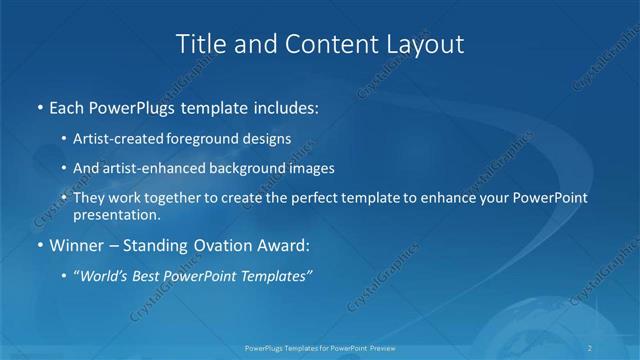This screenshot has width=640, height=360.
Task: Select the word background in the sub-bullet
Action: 239,168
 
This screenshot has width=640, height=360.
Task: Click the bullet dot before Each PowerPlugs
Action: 39,106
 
